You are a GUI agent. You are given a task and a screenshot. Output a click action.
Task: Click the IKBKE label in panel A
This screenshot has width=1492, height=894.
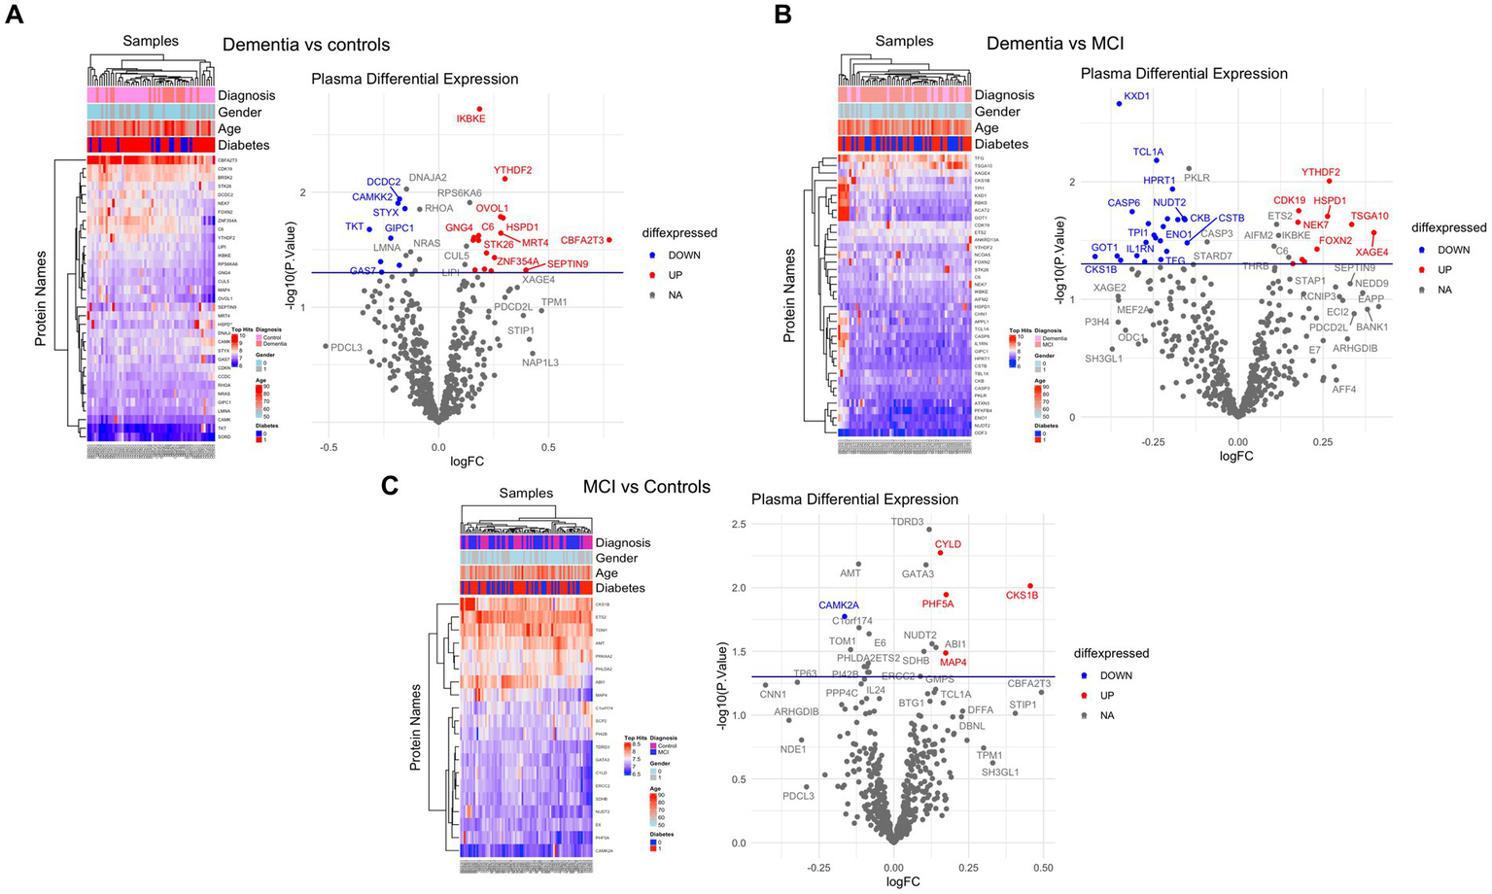(470, 119)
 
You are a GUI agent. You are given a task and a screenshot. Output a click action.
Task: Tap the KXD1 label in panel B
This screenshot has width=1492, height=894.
(1136, 96)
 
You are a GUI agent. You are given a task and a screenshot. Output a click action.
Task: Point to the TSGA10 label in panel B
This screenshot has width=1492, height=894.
(1370, 216)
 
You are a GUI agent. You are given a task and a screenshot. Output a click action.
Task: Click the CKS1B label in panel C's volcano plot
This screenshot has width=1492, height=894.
(1022, 595)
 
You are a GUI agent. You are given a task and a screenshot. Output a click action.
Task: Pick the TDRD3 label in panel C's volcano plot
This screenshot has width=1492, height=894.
(907, 522)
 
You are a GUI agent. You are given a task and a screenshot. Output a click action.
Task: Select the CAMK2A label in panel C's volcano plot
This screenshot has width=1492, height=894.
(838, 605)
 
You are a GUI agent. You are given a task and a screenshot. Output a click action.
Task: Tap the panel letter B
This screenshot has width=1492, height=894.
(782, 15)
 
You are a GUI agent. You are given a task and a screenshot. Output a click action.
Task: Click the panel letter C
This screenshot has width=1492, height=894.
(390, 485)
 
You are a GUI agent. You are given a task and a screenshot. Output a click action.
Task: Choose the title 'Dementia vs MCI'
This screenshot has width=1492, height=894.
(1055, 44)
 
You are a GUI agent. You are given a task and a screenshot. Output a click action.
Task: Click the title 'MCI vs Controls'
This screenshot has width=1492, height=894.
(646, 487)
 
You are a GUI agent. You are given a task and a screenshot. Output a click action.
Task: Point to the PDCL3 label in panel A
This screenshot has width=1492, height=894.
(346, 347)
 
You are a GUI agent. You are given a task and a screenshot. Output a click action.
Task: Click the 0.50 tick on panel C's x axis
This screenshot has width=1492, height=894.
(1043, 866)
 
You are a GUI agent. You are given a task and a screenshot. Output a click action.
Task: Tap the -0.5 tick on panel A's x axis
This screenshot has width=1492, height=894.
(328, 448)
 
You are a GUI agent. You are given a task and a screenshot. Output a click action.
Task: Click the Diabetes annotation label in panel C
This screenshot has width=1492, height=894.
(620, 588)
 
